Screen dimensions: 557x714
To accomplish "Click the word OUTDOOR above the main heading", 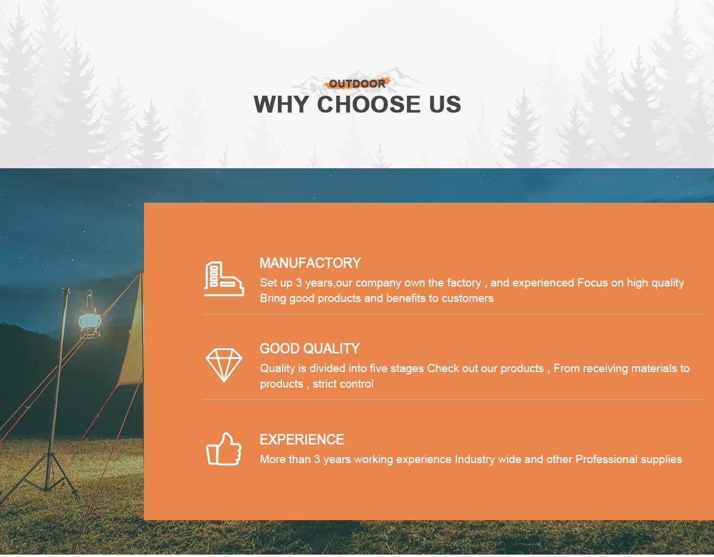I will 357,84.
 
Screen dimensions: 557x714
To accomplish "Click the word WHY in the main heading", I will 281,105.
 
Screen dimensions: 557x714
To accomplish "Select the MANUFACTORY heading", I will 310,263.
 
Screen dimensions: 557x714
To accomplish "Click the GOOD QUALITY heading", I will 309,349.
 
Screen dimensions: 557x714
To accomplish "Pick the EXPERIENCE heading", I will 302,440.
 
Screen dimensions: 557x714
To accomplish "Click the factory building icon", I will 224,278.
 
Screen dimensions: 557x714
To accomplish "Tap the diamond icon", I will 224,364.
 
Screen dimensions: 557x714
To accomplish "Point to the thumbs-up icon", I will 224,449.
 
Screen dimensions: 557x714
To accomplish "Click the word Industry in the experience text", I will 475,460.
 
